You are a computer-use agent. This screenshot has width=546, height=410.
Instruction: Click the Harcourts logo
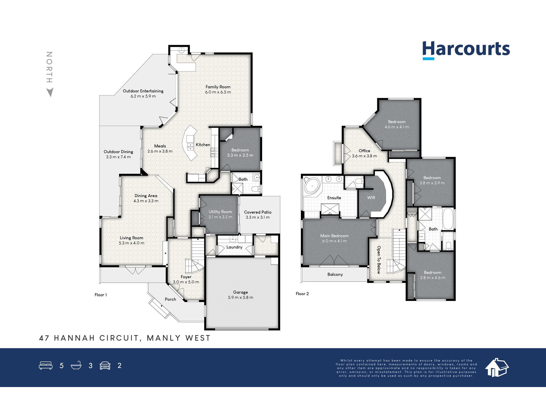click(x=466, y=50)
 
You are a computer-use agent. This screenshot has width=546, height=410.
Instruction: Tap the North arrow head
click(x=50, y=92)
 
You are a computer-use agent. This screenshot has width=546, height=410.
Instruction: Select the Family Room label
click(x=218, y=87)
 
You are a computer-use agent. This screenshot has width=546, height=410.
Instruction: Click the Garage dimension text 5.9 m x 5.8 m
click(x=241, y=297)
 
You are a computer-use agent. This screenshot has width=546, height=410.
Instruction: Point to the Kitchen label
click(x=203, y=145)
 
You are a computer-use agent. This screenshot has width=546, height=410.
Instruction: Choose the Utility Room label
click(x=220, y=212)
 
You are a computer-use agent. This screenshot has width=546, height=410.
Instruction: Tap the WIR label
click(x=371, y=198)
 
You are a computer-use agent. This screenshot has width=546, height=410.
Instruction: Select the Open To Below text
click(x=379, y=260)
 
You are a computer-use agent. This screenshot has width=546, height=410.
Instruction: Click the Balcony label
click(x=335, y=274)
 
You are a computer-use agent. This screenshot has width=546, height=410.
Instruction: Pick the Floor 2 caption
click(x=302, y=294)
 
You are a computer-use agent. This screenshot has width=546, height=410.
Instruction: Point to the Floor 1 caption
click(x=101, y=295)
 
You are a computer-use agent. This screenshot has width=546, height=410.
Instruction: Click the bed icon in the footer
click(x=46, y=365)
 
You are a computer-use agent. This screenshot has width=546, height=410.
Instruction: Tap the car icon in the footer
click(x=105, y=365)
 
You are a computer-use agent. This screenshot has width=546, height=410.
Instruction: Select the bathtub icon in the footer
click(x=76, y=365)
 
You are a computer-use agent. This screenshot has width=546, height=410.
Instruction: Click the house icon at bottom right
click(x=497, y=368)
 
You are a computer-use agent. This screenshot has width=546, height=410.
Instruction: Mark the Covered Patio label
click(x=258, y=212)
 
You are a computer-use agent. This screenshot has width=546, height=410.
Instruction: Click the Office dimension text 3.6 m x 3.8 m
click(x=364, y=156)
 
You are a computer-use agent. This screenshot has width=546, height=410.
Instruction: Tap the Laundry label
click(x=234, y=247)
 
